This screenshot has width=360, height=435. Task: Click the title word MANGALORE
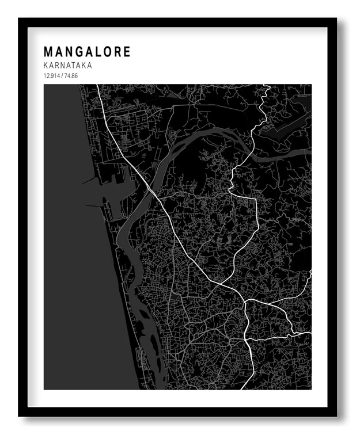click(x=87, y=52)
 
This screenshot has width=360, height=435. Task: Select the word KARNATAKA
click(x=67, y=66)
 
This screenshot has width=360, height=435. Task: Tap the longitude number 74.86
click(x=70, y=76)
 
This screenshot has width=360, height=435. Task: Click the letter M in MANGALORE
click(x=48, y=52)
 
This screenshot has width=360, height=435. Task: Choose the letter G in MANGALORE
click(x=77, y=52)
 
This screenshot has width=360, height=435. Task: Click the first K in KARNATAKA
click(x=46, y=66)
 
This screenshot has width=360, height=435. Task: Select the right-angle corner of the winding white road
click(x=254, y=199)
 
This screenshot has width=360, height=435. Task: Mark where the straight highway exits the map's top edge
click(x=97, y=85)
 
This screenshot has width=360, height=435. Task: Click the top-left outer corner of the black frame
click(x=18, y=18)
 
